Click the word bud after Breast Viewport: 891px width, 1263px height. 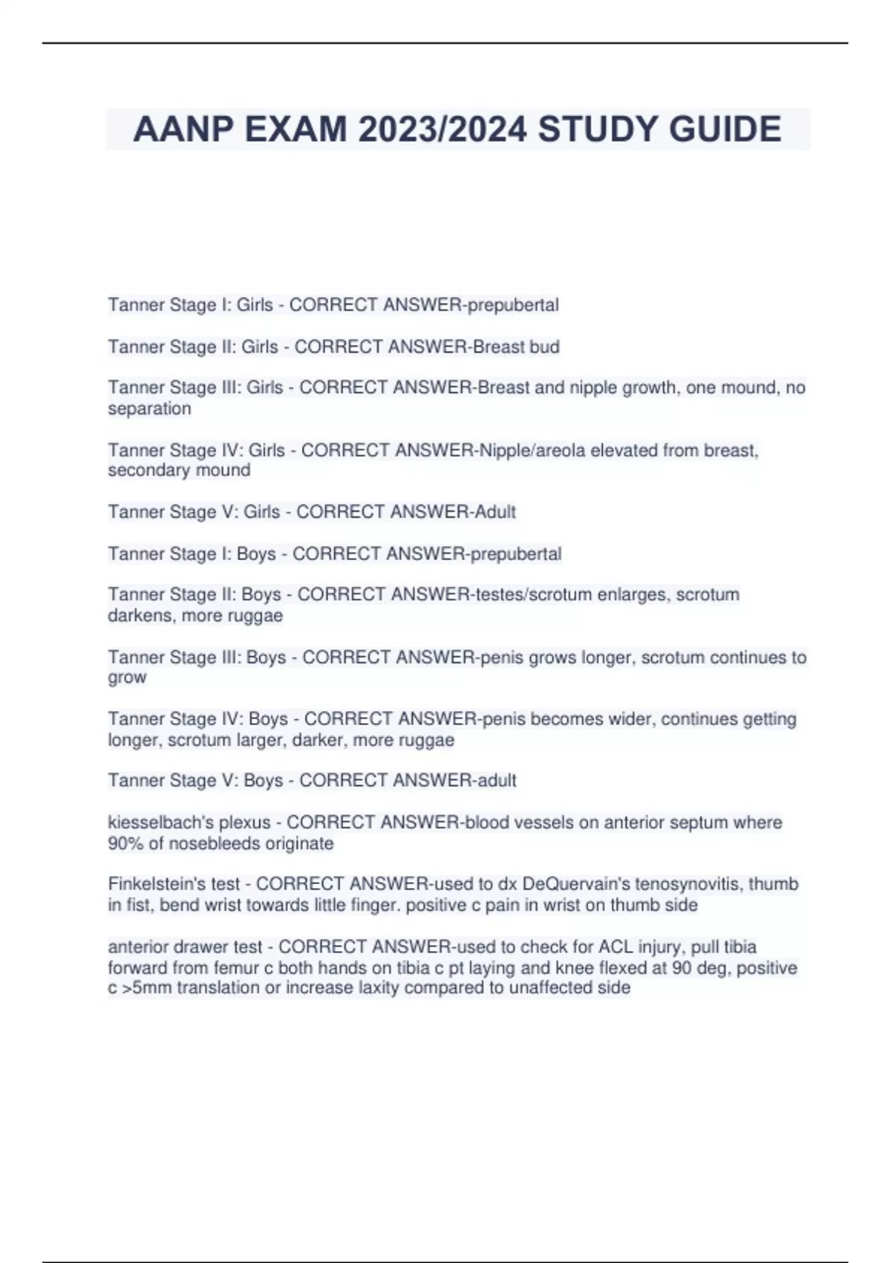click(x=544, y=347)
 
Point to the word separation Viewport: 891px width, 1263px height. click(x=149, y=409)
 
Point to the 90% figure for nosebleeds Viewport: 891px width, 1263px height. click(x=123, y=844)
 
